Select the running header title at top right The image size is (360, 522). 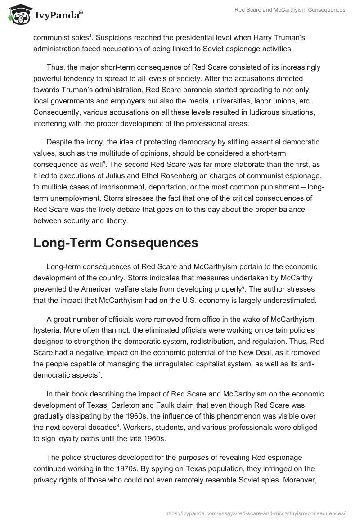tap(290, 10)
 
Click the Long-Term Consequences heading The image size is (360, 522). tap(116, 243)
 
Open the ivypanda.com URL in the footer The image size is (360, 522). tap(255, 513)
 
